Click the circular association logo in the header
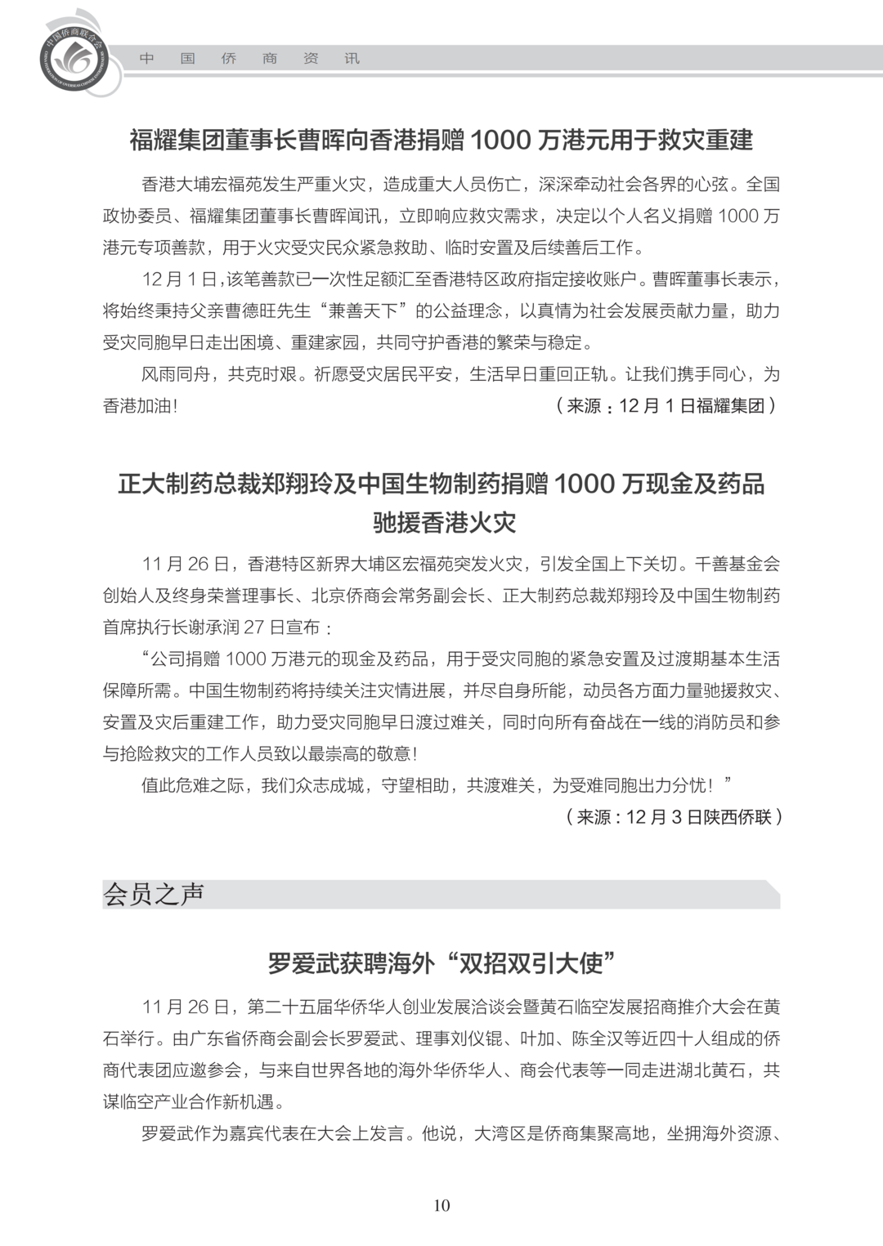click(79, 57)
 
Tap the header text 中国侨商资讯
click(249, 59)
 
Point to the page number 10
click(441, 1205)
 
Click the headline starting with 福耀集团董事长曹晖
click(441, 140)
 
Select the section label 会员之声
click(154, 894)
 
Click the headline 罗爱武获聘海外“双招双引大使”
click(441, 963)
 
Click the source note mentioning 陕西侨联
click(674, 816)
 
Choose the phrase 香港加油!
click(140, 406)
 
